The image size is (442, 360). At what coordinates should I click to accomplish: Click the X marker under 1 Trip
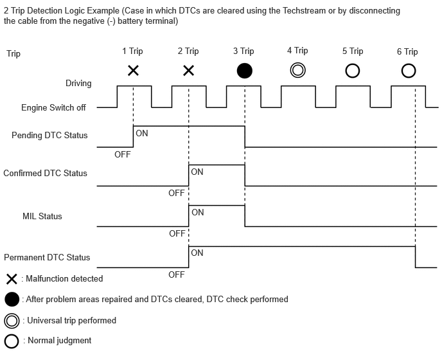133,71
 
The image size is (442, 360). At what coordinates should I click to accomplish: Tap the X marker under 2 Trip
188,71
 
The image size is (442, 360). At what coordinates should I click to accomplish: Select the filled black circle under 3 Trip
244,71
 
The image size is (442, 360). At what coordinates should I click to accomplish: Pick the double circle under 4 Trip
298,70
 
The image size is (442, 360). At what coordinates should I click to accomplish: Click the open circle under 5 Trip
353,71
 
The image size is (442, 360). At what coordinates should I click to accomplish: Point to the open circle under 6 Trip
408,71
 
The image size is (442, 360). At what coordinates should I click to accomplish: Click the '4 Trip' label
297,51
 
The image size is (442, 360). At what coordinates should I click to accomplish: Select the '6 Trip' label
407,51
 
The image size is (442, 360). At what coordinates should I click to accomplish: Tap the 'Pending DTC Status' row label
49,136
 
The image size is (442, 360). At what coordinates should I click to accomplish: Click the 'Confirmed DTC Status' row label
45,173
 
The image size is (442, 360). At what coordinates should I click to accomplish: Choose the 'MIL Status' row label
42,216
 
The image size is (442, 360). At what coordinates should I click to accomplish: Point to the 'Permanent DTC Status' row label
47,257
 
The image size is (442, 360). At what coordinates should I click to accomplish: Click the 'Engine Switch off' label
53,108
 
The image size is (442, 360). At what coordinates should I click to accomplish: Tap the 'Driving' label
78,84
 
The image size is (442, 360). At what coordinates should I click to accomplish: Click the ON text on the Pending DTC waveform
142,133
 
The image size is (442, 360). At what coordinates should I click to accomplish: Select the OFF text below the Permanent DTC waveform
176,274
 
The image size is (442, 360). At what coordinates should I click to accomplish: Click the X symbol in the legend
12,279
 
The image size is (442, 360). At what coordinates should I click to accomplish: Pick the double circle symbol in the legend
12,320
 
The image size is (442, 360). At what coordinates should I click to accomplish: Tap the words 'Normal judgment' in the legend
59,340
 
